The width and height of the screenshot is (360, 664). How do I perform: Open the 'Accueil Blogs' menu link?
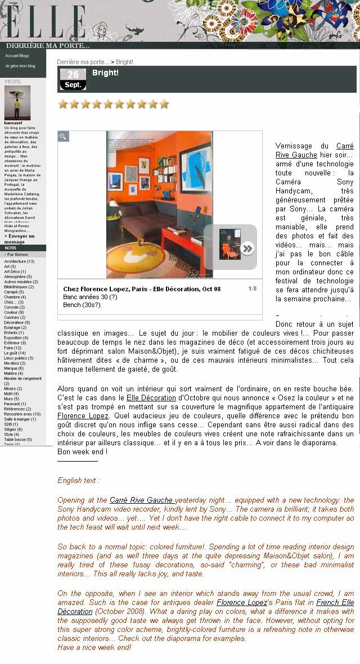17,56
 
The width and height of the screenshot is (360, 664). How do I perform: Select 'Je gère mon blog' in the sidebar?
20,66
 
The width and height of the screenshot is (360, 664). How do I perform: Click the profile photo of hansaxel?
17,102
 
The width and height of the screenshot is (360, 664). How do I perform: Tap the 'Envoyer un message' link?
19,239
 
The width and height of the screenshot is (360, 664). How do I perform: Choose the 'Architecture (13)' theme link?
19,261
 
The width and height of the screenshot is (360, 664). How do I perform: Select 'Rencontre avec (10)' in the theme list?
22,414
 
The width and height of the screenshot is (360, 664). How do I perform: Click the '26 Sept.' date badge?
73,79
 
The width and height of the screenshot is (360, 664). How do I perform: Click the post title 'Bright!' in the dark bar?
105,73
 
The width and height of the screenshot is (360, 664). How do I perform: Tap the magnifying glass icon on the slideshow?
64,136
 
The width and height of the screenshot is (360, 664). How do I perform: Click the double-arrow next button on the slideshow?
247,248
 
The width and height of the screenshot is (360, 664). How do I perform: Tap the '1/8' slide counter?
252,289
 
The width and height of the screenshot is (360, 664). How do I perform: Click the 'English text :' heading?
79,481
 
